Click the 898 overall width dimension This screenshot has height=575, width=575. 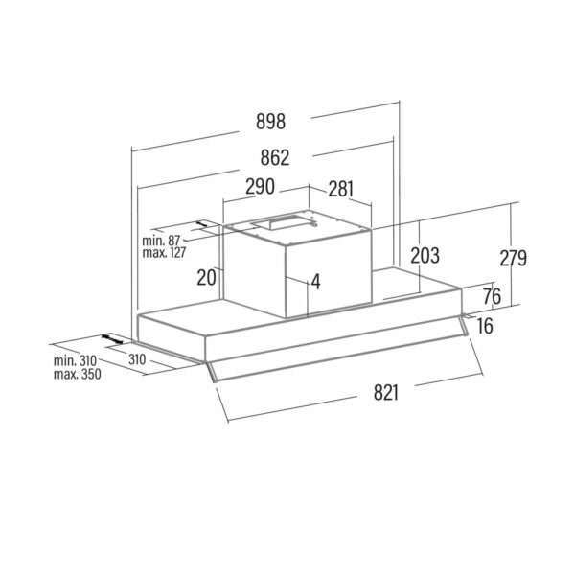click(270, 122)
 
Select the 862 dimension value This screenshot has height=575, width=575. click(275, 158)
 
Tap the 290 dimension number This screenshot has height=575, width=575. click(260, 186)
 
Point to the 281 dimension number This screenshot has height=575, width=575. click(341, 189)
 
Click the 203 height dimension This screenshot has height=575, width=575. click(425, 256)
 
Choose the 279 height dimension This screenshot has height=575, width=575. click(514, 258)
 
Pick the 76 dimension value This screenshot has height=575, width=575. click(492, 296)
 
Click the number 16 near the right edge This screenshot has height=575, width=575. click(485, 326)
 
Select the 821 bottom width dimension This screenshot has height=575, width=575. click(386, 392)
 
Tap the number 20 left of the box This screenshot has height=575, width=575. click(206, 277)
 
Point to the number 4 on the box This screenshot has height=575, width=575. click(316, 282)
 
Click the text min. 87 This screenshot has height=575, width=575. click(161, 241)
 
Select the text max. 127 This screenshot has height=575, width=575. click(164, 253)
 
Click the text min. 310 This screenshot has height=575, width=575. click(75, 360)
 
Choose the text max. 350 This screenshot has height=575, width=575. click(78, 375)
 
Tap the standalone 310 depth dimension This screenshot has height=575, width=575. click(137, 359)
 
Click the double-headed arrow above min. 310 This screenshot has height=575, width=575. click(112, 339)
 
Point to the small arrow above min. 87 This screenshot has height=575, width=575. click(202, 223)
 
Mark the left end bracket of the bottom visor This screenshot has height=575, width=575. click(212, 373)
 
